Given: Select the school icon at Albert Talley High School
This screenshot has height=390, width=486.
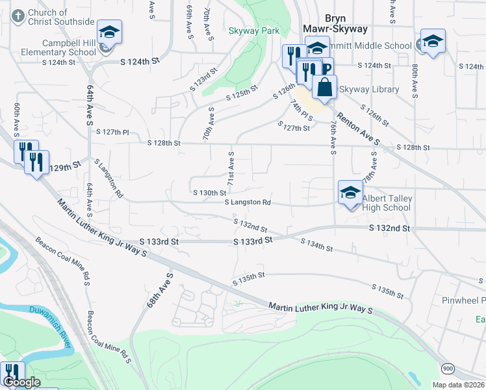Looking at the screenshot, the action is (x=350, y=192).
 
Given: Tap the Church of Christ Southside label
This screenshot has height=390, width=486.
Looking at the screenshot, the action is (x=62, y=17).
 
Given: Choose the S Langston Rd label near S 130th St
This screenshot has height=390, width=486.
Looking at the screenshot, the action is (x=248, y=203).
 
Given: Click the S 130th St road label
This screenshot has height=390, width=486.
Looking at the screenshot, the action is (x=210, y=193).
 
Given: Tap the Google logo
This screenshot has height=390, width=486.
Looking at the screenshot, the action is (x=21, y=383).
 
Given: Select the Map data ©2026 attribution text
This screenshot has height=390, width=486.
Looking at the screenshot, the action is (x=458, y=385).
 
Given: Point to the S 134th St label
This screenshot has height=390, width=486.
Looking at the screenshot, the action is (x=317, y=245).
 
